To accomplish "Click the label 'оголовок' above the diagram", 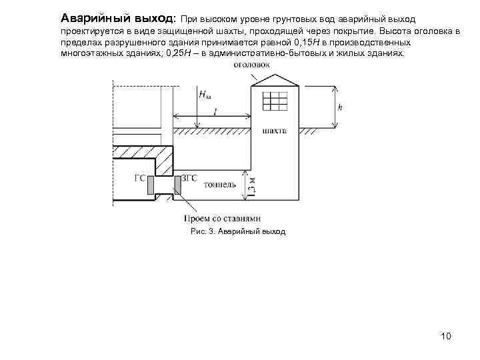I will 251,65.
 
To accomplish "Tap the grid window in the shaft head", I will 274,101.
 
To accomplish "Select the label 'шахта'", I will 275,131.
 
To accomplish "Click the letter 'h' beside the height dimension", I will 341,107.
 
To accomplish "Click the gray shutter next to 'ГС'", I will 151,183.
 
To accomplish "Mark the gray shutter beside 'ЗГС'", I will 177,183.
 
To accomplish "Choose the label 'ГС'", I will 139,178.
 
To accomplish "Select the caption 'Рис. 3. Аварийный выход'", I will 237,231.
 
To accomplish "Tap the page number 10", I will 446,335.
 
